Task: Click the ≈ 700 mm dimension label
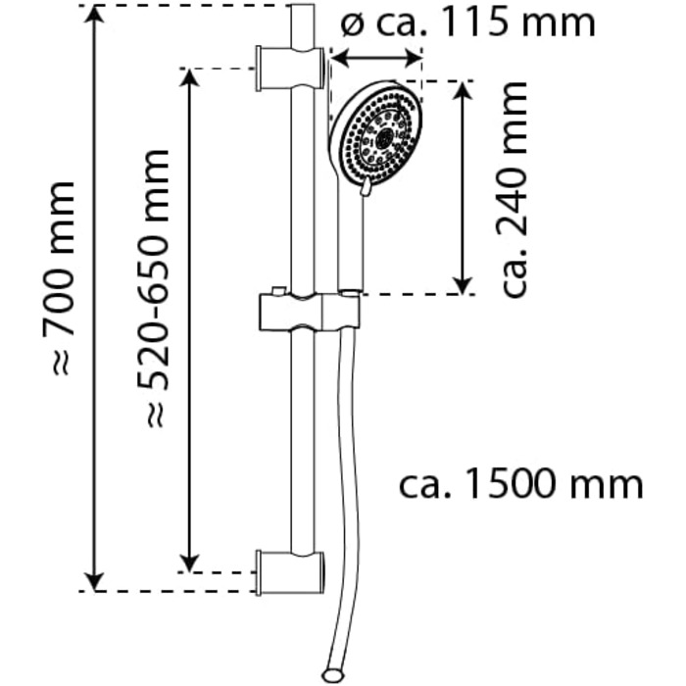click(58, 277)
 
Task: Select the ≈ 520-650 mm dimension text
click(153, 289)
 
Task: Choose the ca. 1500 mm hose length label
click(521, 483)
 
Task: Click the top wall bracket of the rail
click(290, 69)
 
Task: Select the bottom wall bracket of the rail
click(290, 572)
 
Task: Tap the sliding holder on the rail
click(310, 312)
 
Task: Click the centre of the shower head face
click(385, 138)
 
